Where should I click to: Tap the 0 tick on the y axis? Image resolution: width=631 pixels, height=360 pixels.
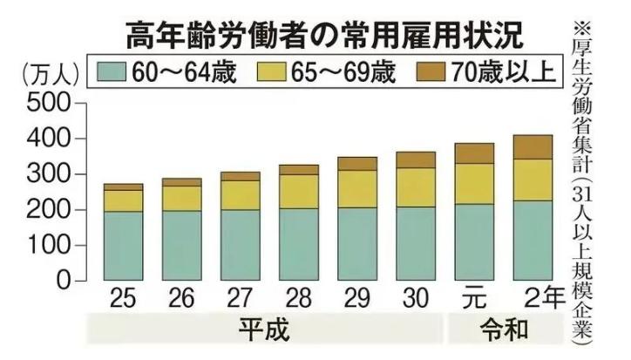click(x=61, y=282)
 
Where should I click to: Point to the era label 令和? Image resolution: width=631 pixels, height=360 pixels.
click(x=503, y=331)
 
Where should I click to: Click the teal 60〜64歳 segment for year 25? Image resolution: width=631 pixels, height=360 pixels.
click(x=123, y=246)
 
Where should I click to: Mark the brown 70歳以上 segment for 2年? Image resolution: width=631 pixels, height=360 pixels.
click(x=533, y=147)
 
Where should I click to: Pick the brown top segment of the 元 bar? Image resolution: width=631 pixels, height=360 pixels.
click(x=474, y=153)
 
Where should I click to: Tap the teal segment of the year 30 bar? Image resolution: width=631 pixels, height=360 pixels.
click(x=416, y=243)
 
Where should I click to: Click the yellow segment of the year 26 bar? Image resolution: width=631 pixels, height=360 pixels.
click(x=181, y=198)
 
